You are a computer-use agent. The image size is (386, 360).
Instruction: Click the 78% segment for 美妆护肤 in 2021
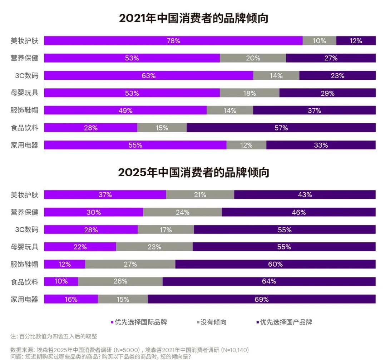173,41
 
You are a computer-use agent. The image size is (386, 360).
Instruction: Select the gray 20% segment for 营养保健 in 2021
253,58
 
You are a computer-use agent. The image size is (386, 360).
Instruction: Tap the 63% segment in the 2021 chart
148,75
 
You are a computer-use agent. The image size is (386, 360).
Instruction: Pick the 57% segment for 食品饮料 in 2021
281,128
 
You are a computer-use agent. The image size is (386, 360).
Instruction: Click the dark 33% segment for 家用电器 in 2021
321,145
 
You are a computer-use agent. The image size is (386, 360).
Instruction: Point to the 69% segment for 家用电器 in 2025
261,299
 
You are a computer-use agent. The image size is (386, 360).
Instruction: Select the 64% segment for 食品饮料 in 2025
269,281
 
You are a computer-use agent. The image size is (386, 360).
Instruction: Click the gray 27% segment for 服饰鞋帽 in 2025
130,264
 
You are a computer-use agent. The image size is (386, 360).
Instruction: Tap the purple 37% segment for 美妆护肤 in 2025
105,194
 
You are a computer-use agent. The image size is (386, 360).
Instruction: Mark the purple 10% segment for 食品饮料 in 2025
61,281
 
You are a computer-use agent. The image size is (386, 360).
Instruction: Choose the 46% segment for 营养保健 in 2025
298,212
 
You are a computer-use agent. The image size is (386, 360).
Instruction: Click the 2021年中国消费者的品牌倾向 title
193,18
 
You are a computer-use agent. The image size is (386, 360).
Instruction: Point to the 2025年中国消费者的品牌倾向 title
193,173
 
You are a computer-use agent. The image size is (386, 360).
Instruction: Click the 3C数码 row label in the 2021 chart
27,75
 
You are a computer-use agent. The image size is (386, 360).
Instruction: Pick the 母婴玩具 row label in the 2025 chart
24,247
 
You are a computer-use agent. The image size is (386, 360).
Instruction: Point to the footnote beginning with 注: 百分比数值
54,336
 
